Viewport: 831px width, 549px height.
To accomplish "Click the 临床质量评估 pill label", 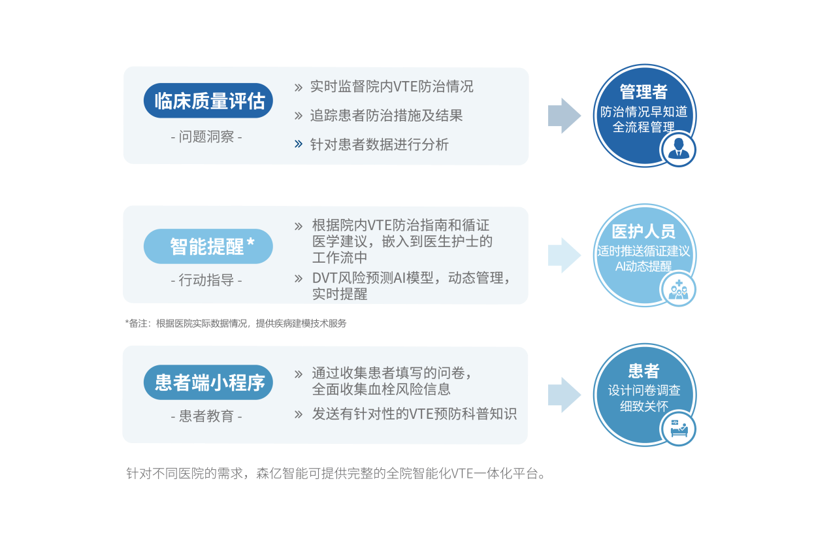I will pos(208,101).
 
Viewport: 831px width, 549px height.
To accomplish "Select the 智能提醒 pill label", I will pos(208,246).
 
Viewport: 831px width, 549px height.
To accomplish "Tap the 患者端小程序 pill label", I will pos(208,382).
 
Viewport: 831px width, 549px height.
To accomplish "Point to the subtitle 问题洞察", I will pos(206,137).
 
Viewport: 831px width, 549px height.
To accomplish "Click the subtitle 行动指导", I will pos(206,280).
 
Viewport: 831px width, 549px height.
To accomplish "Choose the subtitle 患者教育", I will pos(206,416).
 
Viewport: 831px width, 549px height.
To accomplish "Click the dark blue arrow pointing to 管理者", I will pos(564,116).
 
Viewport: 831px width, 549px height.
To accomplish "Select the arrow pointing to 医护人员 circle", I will pos(564,255).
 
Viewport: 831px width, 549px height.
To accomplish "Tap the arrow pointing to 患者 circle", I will pos(564,394).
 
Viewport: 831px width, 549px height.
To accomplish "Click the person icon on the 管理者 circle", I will pos(679,150).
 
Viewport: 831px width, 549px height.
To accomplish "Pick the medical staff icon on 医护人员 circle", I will pos(679,290).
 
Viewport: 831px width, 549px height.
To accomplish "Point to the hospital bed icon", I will pos(679,429).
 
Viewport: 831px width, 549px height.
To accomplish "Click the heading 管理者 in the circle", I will pos(644,91).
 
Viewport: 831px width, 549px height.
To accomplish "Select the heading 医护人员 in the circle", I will pos(644,231).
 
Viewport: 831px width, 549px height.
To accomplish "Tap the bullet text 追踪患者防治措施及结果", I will pos(386,116).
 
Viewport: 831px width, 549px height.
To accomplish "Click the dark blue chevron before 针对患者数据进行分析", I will pos(299,144).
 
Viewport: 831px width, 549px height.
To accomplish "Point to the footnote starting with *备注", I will pos(235,323).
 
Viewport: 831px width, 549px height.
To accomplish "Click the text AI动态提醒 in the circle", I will pos(644,266).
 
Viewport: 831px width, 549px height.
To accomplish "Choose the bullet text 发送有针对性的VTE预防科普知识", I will pos(414,414).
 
